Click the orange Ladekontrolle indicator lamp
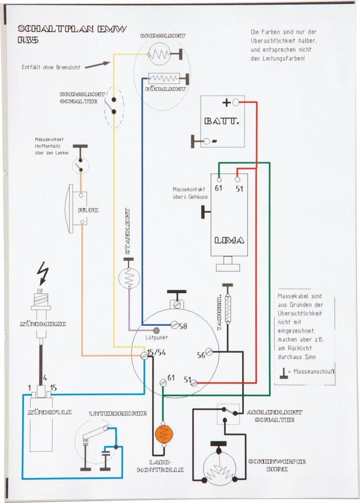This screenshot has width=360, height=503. (x=163, y=434)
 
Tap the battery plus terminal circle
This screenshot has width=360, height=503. (x=235, y=103)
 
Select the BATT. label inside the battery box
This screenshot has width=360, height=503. (x=222, y=121)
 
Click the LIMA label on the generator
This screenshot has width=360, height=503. (x=229, y=240)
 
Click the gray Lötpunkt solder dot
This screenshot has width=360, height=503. (x=156, y=330)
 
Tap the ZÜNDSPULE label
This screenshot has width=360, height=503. (x=50, y=412)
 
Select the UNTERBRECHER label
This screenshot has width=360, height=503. (x=118, y=413)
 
